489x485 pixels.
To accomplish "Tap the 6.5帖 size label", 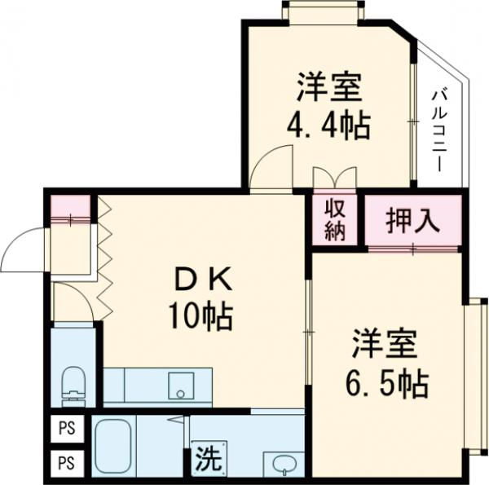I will point(385,382).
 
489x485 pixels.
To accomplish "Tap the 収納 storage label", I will point(333,219).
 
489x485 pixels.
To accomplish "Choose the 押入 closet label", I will point(412,219).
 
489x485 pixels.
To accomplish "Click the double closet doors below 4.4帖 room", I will point(334,178).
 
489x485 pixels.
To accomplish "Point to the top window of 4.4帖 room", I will point(321,10).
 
